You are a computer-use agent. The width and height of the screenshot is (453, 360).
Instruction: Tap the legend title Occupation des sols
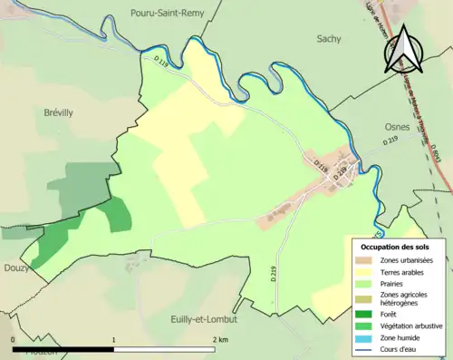point(397,247)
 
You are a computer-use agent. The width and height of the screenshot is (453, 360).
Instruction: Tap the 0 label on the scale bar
point(13,338)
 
